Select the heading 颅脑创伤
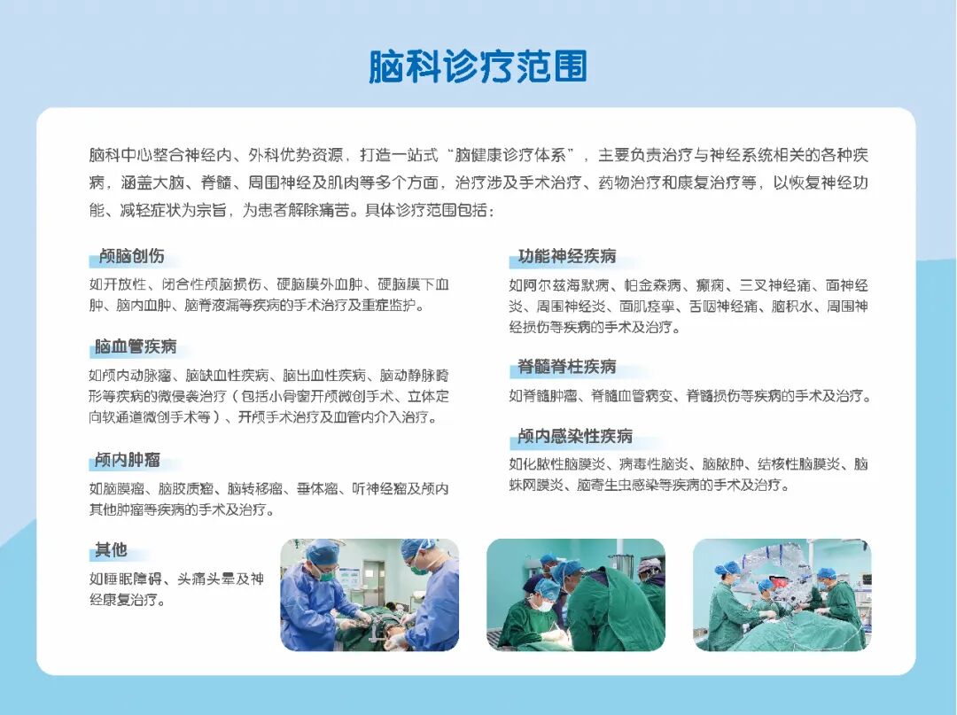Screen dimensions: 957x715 pos(132,256)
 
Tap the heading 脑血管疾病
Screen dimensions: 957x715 pos(136,346)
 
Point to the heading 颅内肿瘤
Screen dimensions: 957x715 pos(128,459)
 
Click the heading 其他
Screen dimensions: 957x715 pos(111,549)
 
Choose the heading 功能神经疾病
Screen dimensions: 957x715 pos(567,256)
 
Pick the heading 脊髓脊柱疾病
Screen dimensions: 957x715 pos(567,367)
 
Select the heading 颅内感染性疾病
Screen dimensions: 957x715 pos(575,436)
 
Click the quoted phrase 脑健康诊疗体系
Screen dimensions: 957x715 pos(515,155)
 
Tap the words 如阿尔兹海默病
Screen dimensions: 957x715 pos(559,285)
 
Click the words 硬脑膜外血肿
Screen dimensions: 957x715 pos(320,284)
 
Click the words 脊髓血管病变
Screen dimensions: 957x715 pos(633,396)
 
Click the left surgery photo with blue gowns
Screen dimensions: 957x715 pos(370,595)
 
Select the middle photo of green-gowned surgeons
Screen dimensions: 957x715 pos(576,595)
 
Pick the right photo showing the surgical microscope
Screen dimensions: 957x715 pos(782,595)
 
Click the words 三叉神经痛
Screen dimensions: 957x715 pos(775,285)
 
